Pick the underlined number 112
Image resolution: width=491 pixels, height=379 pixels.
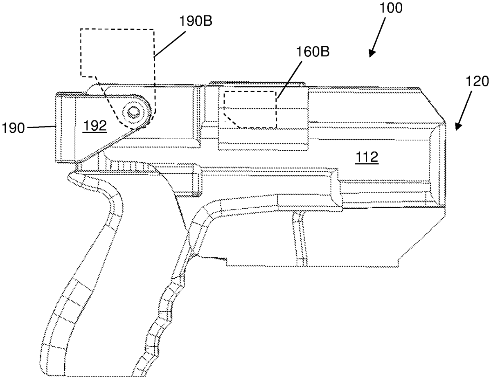pos(366,157)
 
